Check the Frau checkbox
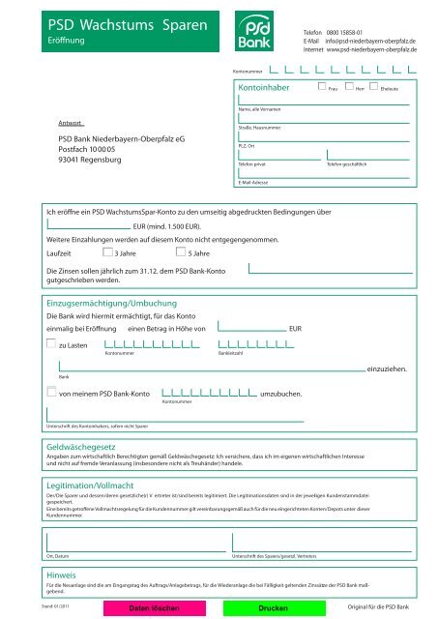pos(323,87)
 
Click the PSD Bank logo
pos(255,33)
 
